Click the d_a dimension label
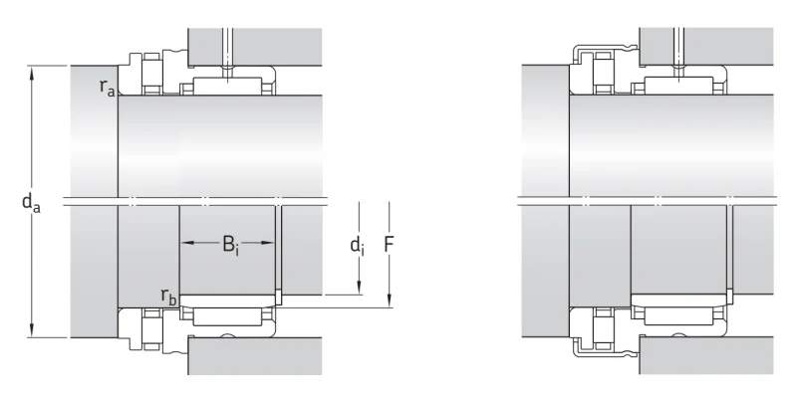click(31, 203)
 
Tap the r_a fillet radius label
click(108, 87)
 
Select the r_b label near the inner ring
click(168, 296)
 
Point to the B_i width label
click(230, 245)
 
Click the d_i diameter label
click(358, 246)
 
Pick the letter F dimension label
click(389, 245)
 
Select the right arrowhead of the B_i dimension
click(267, 243)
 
